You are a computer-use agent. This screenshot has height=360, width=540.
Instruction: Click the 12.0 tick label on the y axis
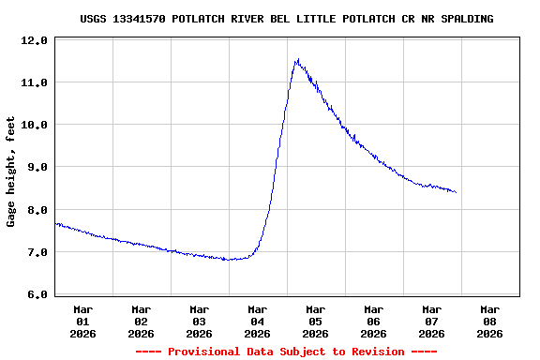coord(34,41)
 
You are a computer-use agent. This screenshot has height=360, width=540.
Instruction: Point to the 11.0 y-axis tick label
coord(34,83)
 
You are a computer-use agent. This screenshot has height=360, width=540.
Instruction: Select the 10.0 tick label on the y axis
coord(34,126)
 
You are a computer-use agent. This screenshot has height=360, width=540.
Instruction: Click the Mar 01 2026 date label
coord(83,321)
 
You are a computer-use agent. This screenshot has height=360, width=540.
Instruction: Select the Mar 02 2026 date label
coord(142,321)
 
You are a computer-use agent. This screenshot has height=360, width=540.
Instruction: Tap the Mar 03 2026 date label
coord(200,321)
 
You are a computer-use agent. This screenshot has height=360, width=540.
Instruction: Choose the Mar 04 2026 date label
coord(258,321)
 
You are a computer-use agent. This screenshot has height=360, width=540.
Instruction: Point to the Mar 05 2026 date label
coord(316,321)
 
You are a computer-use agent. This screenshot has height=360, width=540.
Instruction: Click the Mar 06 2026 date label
coord(374,321)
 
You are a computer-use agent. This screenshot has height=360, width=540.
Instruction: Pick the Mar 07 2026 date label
coord(432,321)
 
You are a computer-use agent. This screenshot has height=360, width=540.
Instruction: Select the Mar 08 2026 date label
coord(490,321)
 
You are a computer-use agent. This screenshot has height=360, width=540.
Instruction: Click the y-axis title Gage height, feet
coord(11,172)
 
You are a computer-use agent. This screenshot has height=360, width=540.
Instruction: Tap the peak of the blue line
coord(297,60)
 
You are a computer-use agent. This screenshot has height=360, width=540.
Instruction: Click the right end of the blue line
coord(456,192)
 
